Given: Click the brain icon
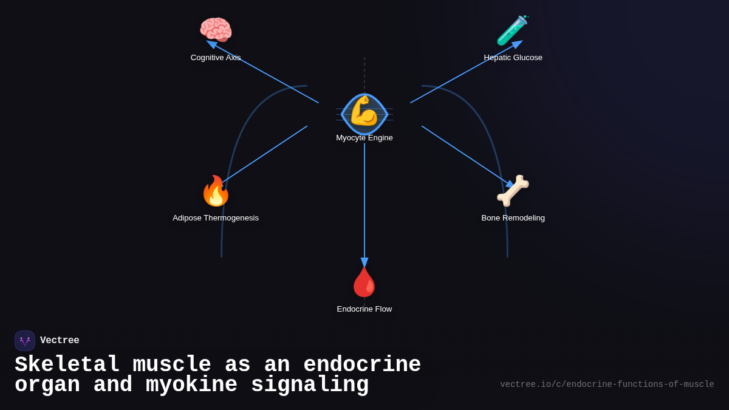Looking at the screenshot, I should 216,30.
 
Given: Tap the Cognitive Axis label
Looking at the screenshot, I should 216,58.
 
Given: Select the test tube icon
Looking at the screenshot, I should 512,30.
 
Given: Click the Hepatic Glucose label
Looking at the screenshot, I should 513,58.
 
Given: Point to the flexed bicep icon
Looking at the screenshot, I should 364,111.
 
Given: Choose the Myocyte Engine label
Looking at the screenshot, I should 364,138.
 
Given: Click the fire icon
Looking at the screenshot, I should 216,191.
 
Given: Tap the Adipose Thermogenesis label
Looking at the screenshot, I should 216,218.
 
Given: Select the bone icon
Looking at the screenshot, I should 513,191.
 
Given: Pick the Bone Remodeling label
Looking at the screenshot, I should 513,218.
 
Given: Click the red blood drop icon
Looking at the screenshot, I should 364,282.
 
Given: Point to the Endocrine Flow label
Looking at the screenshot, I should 364,309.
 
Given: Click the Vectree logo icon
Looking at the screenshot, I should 25,341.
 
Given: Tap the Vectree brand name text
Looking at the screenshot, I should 60,341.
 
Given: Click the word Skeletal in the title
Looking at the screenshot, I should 67,365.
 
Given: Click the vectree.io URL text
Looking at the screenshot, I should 607,384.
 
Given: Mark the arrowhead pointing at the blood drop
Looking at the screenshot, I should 364,262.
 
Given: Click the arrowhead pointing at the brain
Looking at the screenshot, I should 211,44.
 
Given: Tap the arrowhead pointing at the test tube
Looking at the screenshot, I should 518,44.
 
